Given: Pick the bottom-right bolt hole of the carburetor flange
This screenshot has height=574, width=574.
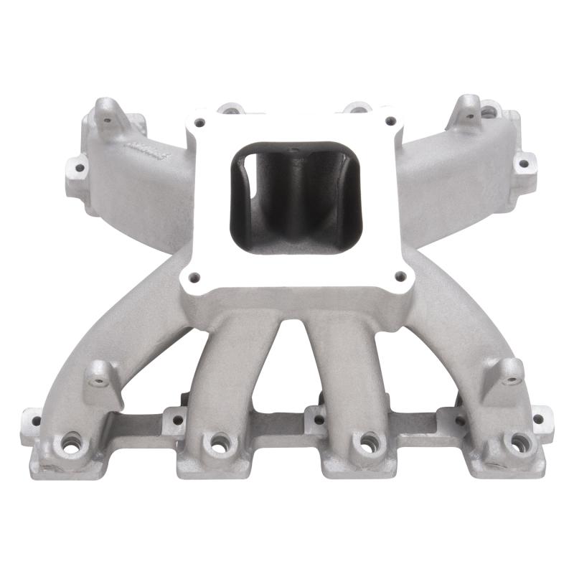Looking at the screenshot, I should point(400,276).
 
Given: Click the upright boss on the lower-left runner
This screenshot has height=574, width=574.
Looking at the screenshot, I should point(100,372).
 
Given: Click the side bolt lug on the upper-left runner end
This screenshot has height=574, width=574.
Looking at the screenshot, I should point(77,168).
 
